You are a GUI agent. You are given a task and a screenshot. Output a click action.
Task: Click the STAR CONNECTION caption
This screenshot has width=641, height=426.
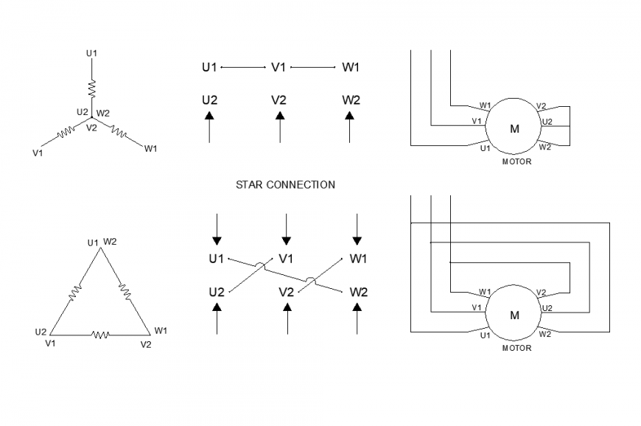click(x=284, y=184)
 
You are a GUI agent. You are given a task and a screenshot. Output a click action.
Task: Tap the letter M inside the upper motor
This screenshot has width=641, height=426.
click(x=514, y=129)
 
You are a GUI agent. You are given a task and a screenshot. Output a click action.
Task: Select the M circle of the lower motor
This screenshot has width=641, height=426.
click(x=514, y=315)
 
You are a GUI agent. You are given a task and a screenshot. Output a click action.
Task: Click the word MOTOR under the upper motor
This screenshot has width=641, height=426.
click(x=516, y=161)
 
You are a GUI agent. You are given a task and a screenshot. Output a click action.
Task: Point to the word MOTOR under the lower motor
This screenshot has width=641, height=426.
click(x=516, y=348)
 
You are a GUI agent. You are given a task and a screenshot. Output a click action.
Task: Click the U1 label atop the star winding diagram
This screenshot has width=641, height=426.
click(x=91, y=53)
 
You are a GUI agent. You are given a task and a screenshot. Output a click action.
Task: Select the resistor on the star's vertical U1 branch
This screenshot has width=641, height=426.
click(x=92, y=88)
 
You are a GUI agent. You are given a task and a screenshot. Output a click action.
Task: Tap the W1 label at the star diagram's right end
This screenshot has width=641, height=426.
click(x=150, y=149)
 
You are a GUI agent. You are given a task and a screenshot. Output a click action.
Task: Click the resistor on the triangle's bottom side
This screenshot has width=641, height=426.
click(x=100, y=335)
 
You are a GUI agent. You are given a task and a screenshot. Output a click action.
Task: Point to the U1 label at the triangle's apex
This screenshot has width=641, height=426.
click(x=93, y=242)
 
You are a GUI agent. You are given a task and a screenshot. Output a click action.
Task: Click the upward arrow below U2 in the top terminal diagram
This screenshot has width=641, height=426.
click(x=209, y=127)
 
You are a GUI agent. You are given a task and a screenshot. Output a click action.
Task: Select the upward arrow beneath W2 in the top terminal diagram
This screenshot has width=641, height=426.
click(x=350, y=127)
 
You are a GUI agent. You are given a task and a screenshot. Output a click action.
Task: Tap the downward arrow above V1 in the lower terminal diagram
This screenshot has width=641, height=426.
click(x=287, y=229)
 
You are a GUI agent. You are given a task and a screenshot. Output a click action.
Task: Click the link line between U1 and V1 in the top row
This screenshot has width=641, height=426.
click(x=243, y=68)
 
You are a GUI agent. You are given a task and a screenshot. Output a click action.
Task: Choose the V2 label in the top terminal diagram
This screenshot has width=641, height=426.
click(x=279, y=100)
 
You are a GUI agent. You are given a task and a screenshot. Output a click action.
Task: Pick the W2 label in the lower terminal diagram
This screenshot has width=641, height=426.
click(x=358, y=291)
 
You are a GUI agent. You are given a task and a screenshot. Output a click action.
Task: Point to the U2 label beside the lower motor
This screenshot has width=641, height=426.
click(x=547, y=307)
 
